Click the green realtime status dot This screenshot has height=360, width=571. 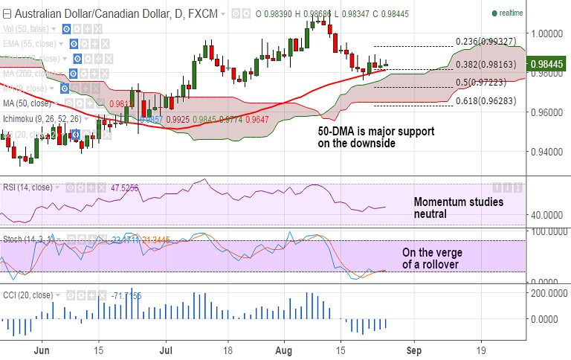[x=495, y=13]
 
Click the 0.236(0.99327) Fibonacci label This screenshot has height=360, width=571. [x=485, y=42]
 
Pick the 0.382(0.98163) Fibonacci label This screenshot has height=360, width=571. [x=485, y=65]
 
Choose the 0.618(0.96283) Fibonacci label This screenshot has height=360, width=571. [x=485, y=100]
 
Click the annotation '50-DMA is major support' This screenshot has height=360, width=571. [x=371, y=132]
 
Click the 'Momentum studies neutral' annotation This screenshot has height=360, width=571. [x=458, y=208]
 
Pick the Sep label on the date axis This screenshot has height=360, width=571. [x=414, y=349]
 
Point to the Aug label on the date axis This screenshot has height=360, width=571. [x=284, y=349]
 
